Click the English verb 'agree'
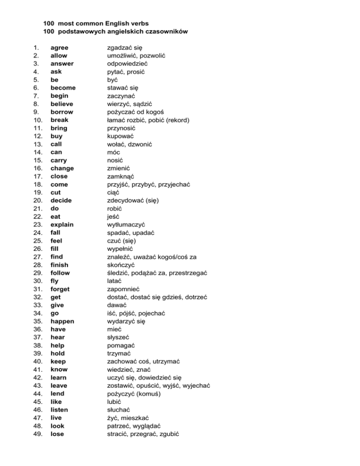60,47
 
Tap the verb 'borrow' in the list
62,112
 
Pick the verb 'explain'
62,225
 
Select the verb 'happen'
62,321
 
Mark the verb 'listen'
60,410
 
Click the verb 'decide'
61,200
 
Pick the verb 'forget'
60,289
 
